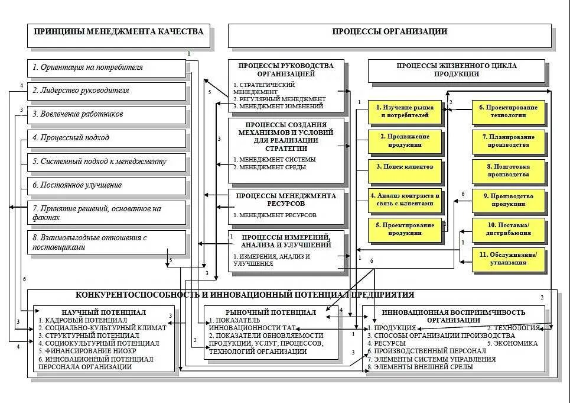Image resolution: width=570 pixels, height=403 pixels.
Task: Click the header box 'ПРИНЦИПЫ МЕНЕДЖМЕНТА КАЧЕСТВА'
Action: pos(119,32)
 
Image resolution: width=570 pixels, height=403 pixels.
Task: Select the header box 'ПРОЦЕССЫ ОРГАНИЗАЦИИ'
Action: pos(389,32)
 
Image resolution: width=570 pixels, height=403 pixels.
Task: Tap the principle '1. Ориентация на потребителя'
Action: pos(106,67)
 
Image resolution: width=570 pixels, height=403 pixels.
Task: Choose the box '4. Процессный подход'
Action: pos(106,138)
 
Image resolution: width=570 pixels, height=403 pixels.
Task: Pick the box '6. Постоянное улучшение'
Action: pos(106,185)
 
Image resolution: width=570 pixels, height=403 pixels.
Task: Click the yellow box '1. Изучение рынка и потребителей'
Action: pos(405,111)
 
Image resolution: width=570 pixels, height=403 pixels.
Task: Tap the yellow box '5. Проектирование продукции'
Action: pos(405,228)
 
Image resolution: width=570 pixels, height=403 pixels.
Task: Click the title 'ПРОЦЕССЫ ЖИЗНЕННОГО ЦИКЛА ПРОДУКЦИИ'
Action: pos(457,70)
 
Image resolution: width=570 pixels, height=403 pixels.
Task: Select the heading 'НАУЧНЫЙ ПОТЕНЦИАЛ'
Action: pos(104,312)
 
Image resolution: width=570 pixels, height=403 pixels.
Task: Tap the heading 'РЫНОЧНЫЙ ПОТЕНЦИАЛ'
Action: pos(271,312)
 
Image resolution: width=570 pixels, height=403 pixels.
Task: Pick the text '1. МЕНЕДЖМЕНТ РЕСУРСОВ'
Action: pos(274,215)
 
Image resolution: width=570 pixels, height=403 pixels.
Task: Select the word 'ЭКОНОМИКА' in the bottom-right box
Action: pos(517,343)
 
